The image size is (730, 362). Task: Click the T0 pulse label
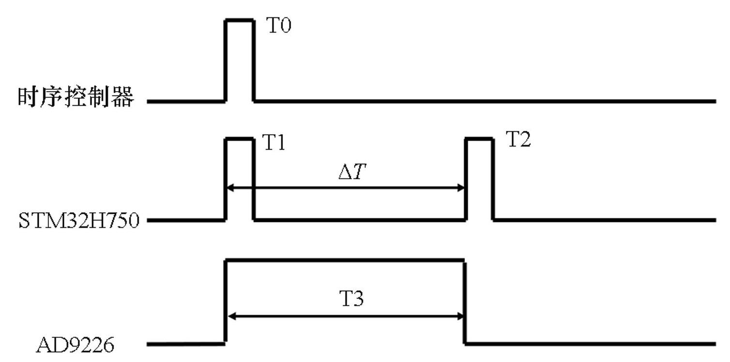(x=280, y=25)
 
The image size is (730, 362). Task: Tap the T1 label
(x=274, y=143)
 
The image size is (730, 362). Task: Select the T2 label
(x=518, y=140)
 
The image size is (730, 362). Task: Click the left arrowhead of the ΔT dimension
(x=230, y=188)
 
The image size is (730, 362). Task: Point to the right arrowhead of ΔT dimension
(x=461, y=188)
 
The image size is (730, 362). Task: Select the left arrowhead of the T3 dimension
(x=230, y=317)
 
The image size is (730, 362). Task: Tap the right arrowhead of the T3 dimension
(x=461, y=317)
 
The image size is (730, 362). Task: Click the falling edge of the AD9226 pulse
(x=465, y=303)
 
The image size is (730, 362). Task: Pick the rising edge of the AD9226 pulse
(x=225, y=303)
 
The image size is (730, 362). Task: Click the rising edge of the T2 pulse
(x=466, y=179)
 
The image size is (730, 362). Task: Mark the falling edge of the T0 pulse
(x=253, y=61)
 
